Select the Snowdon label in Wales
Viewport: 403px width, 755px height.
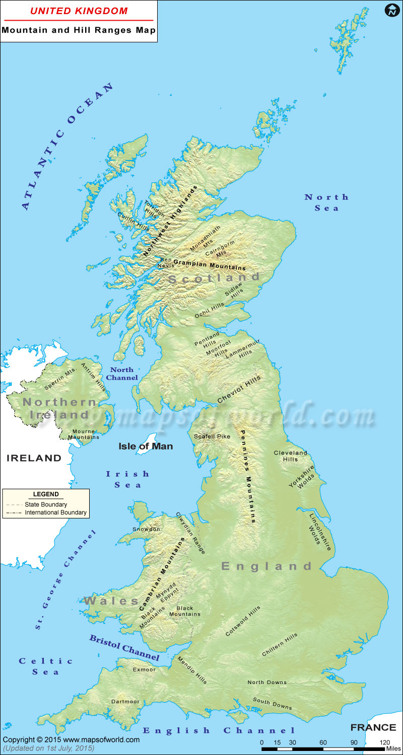[x=147, y=529]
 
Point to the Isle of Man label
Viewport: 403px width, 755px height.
[x=146, y=446]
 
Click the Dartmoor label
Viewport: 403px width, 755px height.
[x=125, y=701]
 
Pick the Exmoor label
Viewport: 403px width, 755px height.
[x=144, y=670]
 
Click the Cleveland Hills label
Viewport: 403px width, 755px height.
[x=290, y=456]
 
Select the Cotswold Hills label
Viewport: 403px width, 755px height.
[x=243, y=621]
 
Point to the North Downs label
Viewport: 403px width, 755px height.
[x=267, y=683]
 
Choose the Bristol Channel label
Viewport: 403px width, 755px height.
[x=124, y=648]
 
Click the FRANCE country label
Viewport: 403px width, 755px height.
[x=373, y=727]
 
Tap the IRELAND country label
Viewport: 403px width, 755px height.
[x=34, y=458]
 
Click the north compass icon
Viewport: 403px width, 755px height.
[x=391, y=11]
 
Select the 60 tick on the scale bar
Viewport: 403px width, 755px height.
[x=323, y=742]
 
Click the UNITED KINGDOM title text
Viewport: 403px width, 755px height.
[x=79, y=11]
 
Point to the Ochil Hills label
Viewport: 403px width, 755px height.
[x=210, y=310]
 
